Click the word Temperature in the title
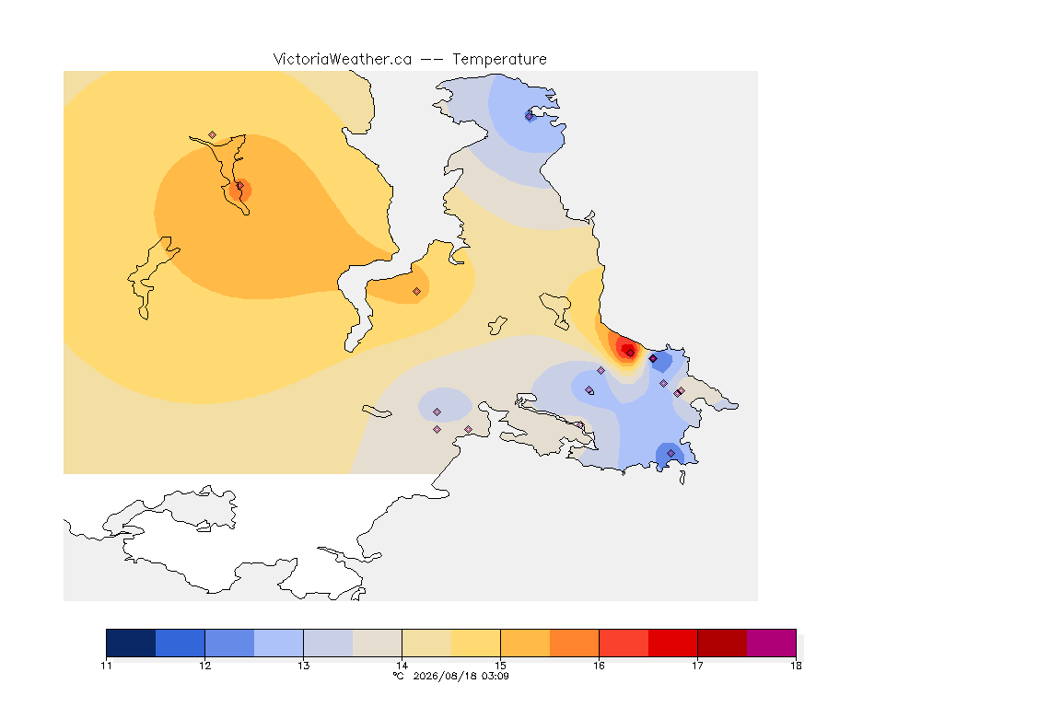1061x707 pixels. click(x=499, y=59)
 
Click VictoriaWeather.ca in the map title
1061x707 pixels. click(x=343, y=59)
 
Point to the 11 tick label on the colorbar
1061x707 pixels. click(x=106, y=666)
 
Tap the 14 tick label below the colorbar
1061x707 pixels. click(x=402, y=666)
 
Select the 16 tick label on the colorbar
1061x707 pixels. click(x=599, y=666)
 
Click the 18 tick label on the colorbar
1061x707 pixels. click(x=796, y=666)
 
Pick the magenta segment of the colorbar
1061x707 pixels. click(x=772, y=643)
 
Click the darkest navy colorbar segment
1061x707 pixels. click(x=131, y=643)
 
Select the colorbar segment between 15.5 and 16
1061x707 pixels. click(x=575, y=643)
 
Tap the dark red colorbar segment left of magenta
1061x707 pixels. click(x=722, y=643)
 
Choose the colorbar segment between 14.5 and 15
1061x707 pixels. click(x=475, y=643)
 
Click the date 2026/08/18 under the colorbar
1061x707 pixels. click(x=442, y=676)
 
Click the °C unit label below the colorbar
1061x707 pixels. click(x=398, y=676)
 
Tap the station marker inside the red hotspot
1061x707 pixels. click(x=631, y=353)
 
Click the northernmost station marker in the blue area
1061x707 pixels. click(x=530, y=116)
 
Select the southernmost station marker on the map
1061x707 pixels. click(x=670, y=453)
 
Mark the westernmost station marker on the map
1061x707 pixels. click(x=213, y=135)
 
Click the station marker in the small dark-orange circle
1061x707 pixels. click(x=239, y=186)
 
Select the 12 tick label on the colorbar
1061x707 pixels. click(x=205, y=666)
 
